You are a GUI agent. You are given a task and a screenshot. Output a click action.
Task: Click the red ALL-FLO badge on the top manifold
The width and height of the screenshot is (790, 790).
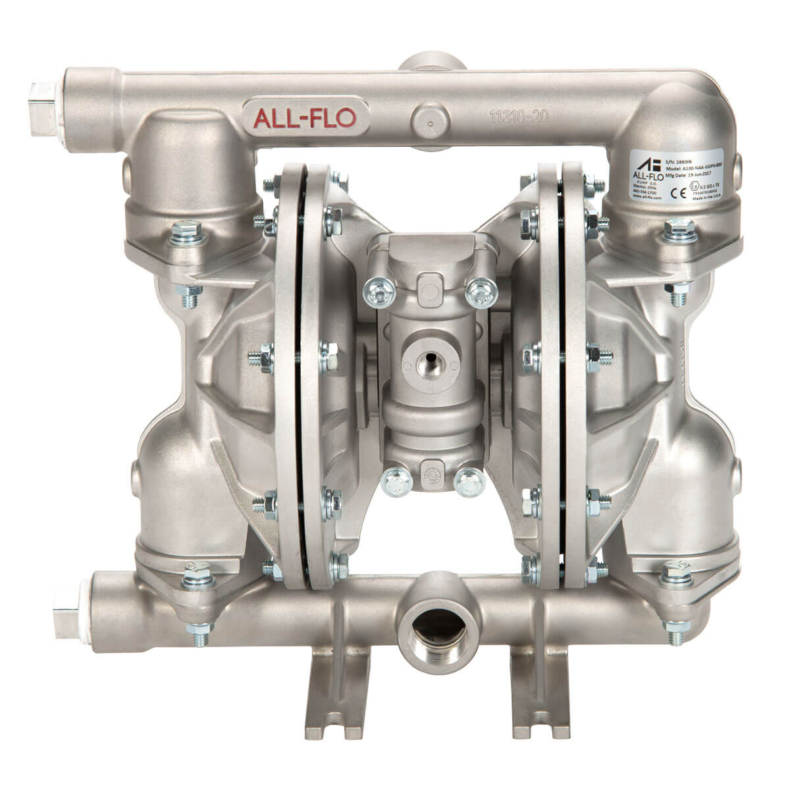[309, 117]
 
